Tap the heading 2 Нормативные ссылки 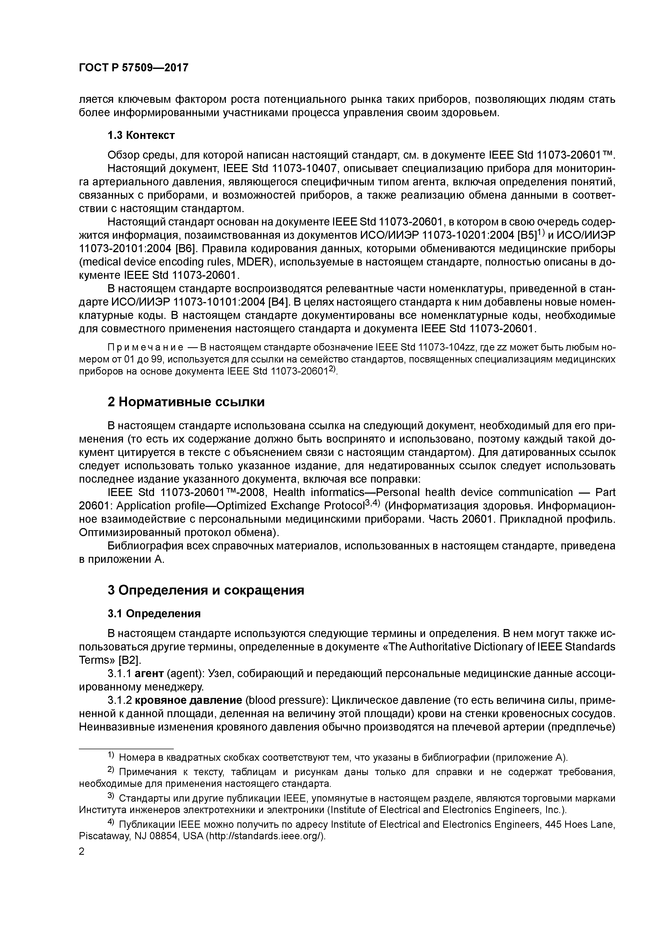[186, 402]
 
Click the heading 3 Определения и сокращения [206, 590]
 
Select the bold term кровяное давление [188, 701]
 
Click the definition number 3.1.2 [120, 701]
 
